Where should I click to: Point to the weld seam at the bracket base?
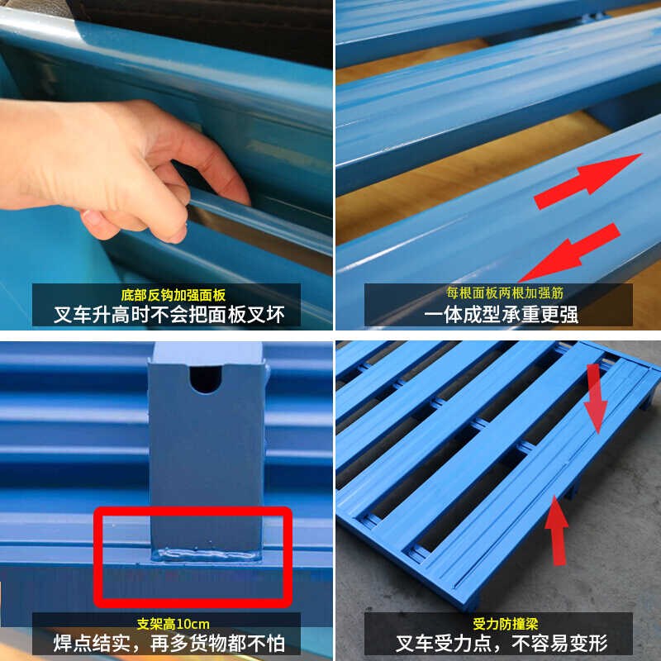click(205, 552)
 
